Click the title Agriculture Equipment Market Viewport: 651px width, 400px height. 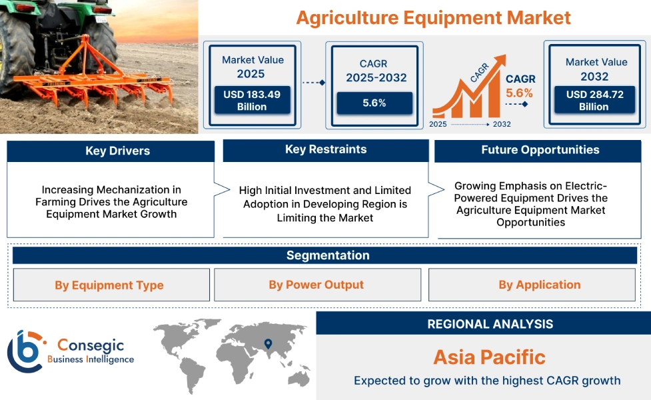433,17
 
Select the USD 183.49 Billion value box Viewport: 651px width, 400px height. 252,101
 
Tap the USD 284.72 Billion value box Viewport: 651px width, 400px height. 595,101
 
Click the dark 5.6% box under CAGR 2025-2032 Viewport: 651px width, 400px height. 374,103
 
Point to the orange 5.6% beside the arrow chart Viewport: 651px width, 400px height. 519,93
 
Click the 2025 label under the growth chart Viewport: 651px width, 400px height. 438,125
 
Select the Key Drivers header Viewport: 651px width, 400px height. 111,151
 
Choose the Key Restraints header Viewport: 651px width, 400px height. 325,149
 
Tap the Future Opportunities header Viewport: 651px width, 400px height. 540,150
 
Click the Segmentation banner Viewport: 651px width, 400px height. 327,255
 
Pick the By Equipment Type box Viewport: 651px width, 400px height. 109,285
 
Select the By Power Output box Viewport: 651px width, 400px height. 317,285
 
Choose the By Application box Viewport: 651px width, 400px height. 539,285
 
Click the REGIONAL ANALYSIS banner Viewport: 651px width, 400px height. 490,324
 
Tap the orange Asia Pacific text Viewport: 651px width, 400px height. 489,357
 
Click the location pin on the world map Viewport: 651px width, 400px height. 268,344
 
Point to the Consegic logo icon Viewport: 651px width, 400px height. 25,351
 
